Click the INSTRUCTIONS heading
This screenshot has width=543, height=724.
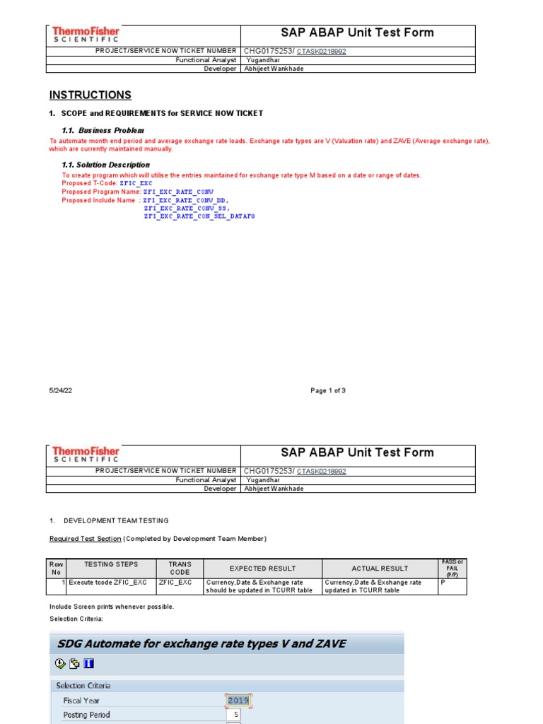[x=90, y=95]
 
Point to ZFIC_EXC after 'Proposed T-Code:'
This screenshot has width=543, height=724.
[x=136, y=183]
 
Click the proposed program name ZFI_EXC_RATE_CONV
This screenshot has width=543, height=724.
[x=178, y=192]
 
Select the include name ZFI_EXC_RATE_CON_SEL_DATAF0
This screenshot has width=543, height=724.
[x=199, y=216]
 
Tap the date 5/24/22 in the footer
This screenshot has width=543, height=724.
[x=61, y=391]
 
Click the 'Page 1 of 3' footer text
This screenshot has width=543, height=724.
[x=328, y=391]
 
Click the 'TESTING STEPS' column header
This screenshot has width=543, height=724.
[x=111, y=564]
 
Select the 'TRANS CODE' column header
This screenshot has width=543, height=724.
[x=180, y=568]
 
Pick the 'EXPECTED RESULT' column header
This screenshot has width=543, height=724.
[x=262, y=568]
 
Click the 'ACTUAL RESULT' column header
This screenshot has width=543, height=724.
[x=380, y=568]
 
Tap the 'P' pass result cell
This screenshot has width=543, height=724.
[x=443, y=583]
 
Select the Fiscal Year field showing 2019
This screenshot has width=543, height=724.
[x=239, y=701]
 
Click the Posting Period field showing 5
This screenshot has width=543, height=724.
[x=233, y=715]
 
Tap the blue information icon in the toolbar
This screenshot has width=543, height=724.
[x=88, y=663]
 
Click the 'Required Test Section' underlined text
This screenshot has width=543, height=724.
[x=86, y=539]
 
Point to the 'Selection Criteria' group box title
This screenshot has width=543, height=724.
[x=83, y=685]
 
